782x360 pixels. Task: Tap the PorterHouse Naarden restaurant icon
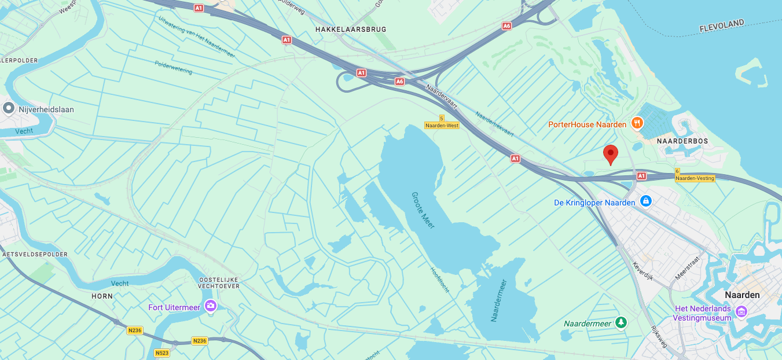point(637,123)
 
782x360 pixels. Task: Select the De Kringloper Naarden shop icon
point(646,201)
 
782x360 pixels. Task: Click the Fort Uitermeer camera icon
point(211,305)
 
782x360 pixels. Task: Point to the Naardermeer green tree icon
point(621,322)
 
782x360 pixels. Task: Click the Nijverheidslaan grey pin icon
point(9,108)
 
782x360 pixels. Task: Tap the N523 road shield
point(161,352)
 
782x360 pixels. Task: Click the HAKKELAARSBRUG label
point(350,29)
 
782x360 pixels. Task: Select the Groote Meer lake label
point(423,210)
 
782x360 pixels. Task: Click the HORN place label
point(102,296)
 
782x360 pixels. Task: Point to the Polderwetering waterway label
point(174,68)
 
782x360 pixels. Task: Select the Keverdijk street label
point(643,270)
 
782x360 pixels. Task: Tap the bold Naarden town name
point(742,295)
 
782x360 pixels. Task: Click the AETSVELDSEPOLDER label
point(35,254)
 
